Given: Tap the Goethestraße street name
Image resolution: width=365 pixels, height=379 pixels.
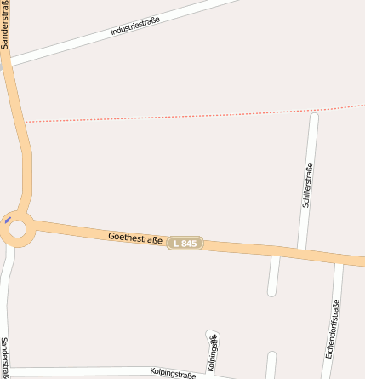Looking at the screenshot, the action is click(x=135, y=236).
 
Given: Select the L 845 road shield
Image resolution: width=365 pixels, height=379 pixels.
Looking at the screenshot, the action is click(x=185, y=244).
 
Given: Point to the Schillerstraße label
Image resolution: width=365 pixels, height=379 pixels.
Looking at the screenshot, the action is click(x=307, y=186).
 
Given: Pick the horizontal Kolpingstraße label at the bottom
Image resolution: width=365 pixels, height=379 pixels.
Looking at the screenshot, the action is click(x=173, y=372).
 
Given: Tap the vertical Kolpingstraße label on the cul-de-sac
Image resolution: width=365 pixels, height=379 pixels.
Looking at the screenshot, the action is click(x=213, y=349).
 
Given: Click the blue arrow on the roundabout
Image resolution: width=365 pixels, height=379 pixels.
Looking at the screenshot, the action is click(x=8, y=221).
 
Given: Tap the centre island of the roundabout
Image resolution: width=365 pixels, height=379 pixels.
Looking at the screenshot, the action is click(x=17, y=228).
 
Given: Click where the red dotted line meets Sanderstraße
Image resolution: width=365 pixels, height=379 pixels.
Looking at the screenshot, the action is click(x=24, y=122).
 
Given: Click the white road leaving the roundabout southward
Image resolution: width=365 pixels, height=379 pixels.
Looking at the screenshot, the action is click(x=9, y=281).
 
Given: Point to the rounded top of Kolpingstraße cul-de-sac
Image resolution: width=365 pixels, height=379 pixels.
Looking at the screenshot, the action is click(x=212, y=333).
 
